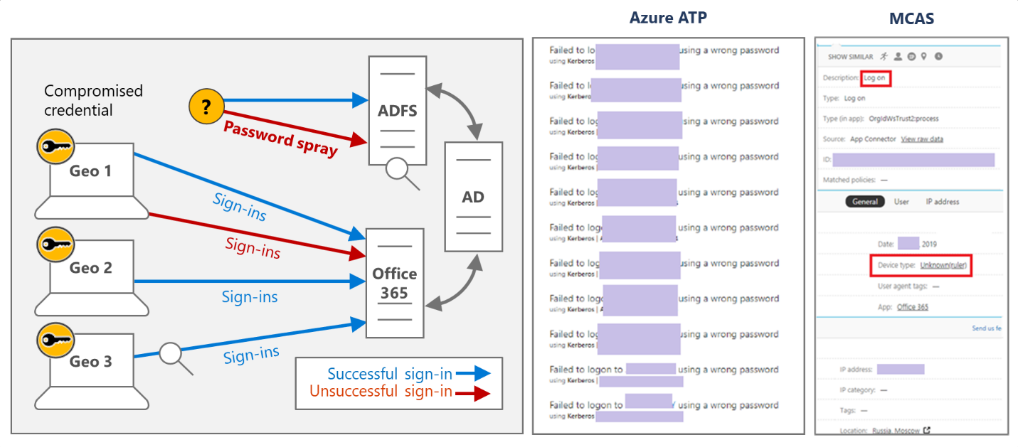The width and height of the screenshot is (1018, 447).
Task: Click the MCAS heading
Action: (x=911, y=18)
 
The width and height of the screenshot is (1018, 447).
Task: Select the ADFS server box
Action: (x=397, y=111)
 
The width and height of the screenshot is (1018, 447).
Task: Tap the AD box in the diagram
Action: (x=473, y=197)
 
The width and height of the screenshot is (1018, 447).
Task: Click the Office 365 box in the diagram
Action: (x=394, y=283)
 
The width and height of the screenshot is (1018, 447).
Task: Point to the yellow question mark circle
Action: (x=206, y=107)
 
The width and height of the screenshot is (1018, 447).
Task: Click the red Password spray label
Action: (x=280, y=138)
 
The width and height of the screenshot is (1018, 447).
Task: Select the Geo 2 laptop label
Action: (x=91, y=268)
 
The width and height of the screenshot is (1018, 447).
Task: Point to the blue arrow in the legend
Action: (x=472, y=373)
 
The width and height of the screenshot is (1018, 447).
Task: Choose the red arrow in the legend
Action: (x=472, y=392)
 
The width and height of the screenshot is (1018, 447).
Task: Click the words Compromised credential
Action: (x=93, y=100)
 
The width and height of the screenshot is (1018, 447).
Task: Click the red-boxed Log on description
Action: (x=874, y=78)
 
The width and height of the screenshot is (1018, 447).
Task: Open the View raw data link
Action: (x=922, y=139)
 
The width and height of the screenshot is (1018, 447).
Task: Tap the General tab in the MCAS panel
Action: (x=865, y=202)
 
